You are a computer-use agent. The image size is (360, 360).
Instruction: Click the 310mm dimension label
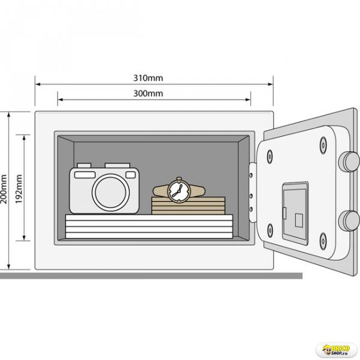pos(148,78)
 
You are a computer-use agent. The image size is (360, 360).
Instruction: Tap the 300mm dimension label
pos(148,94)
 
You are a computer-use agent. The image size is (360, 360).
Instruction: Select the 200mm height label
pos(4,189)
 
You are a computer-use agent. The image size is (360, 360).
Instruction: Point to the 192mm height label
pos(19,189)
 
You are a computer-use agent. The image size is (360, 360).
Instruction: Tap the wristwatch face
pos(179,190)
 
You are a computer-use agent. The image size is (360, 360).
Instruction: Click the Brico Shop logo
pos(337,350)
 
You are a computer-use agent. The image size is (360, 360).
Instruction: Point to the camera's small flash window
pos(131,175)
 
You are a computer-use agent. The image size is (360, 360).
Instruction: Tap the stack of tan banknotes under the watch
pos(188,205)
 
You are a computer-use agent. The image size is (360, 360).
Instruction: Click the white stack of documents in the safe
pos(149,226)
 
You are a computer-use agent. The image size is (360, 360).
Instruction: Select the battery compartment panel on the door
pos(295,213)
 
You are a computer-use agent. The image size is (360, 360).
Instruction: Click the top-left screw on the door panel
pos(270,157)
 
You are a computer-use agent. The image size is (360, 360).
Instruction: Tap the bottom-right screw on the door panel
pos(323,241)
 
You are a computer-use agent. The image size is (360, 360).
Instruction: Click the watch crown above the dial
pos(179,179)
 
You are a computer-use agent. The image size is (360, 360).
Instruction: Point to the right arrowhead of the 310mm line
pos(271,84)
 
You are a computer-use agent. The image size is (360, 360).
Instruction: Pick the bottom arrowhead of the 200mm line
pos(9,266)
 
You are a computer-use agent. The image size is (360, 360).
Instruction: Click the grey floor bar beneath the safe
pos(151,275)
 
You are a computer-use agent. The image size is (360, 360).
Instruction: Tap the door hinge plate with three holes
pos(253,193)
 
